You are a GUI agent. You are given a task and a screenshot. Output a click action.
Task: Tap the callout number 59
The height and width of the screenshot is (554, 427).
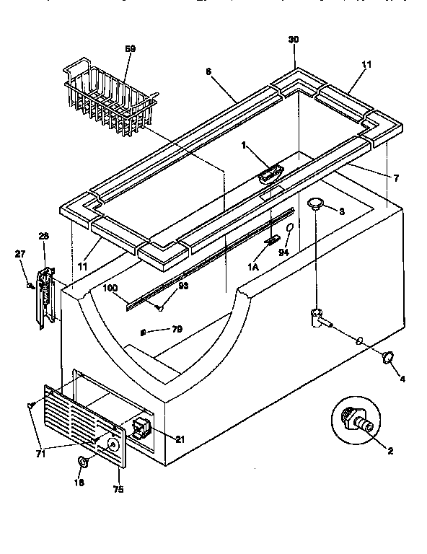coord(130,48)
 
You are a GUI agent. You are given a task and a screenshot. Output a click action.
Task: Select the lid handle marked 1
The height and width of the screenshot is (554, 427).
coord(270,174)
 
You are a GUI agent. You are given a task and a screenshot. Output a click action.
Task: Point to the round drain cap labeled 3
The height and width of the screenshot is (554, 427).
coord(316,206)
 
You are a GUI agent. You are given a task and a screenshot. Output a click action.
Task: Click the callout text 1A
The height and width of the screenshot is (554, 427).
coord(255,266)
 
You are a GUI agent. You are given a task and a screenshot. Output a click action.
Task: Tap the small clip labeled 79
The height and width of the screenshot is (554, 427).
coord(144,332)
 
